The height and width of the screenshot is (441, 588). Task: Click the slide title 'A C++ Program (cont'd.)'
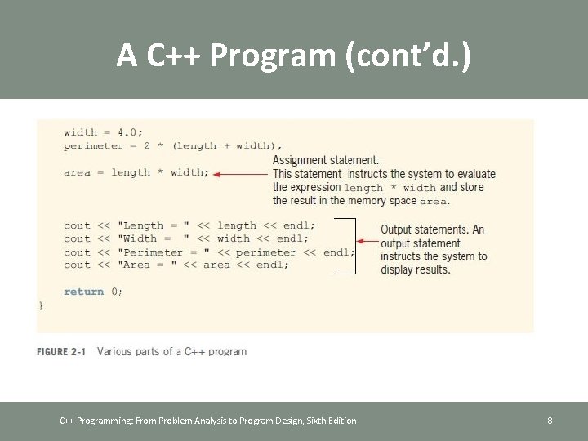click(293, 55)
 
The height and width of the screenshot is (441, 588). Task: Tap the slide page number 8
click(550, 421)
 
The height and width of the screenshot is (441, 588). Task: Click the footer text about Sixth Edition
click(208, 421)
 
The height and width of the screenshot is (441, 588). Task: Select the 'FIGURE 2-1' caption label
click(61, 351)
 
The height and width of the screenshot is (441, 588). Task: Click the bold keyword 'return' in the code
click(83, 292)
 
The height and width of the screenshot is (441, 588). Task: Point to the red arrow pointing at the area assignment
click(241, 173)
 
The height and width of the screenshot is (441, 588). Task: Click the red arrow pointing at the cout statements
click(367, 241)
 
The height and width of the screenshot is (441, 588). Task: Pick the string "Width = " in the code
click(154, 238)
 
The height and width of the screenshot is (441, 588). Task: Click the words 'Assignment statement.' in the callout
click(325, 160)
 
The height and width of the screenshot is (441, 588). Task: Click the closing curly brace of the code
click(41, 305)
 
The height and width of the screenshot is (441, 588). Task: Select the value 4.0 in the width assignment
click(129, 132)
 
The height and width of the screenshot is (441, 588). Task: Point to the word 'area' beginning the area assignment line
click(77, 172)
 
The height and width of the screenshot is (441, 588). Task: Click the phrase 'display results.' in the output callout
click(415, 269)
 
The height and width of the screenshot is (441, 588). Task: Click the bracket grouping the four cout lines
click(354, 245)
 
